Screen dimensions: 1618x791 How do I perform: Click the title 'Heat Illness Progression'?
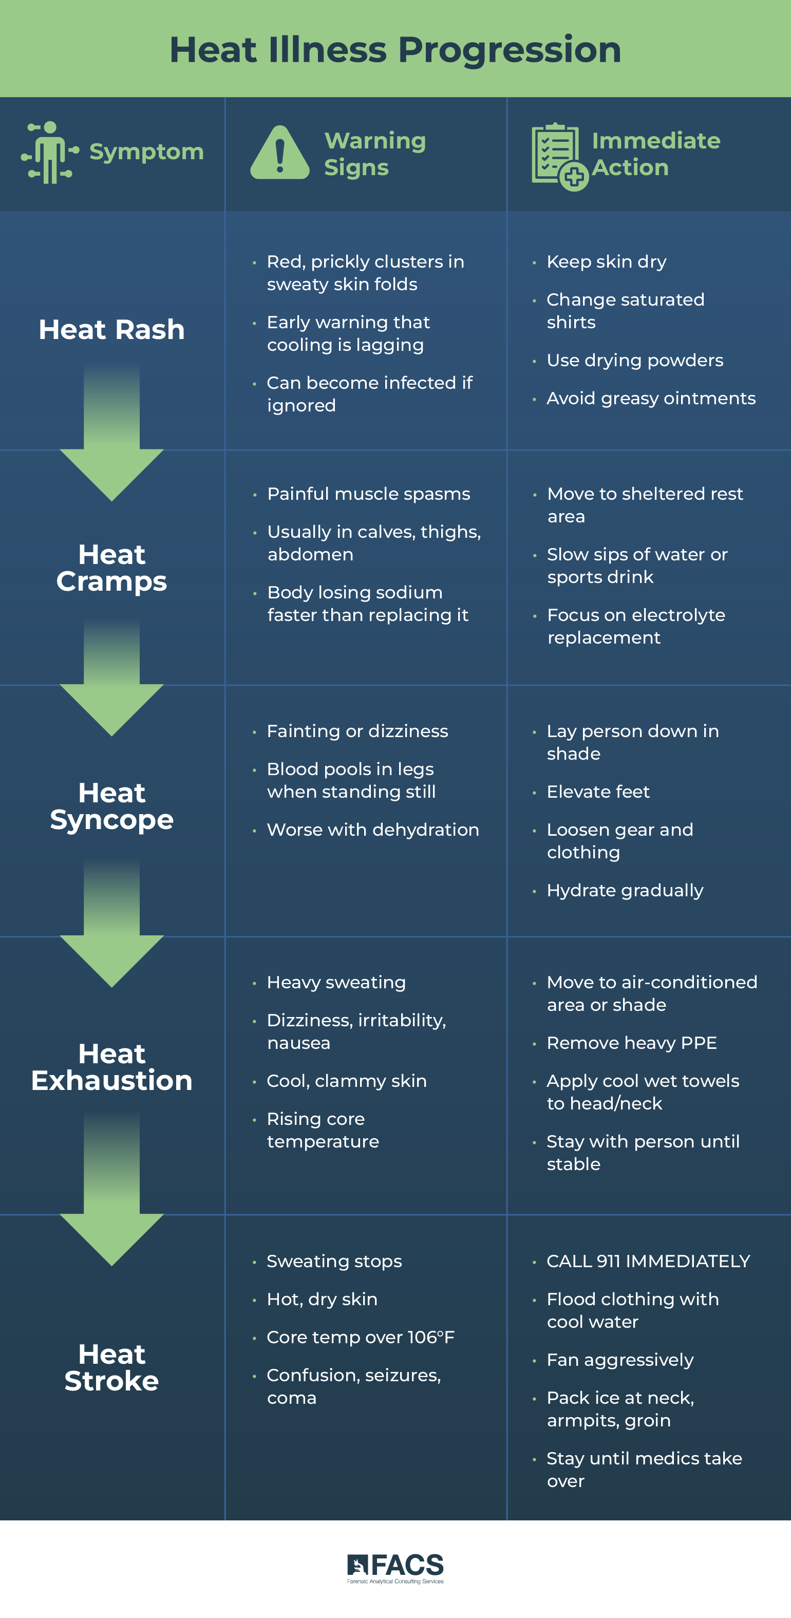point(395,50)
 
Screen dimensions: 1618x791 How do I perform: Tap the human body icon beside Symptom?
point(50,152)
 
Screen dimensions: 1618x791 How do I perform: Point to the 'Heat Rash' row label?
point(112,330)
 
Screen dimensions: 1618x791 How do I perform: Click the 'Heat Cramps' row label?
point(112,568)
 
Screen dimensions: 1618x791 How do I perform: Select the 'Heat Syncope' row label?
point(112,806)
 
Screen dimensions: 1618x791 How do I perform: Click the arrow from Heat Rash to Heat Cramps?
point(112,434)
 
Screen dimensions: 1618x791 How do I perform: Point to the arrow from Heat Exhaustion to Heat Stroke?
point(112,1193)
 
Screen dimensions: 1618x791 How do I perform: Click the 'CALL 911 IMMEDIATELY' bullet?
point(648,1260)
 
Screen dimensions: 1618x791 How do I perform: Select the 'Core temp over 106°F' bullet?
point(360,1337)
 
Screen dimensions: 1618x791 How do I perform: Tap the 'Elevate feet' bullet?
point(597,792)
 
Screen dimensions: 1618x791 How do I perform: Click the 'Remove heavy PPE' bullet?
point(631,1043)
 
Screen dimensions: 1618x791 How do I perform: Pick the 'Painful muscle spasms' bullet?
point(368,494)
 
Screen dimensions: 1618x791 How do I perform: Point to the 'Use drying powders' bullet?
point(634,360)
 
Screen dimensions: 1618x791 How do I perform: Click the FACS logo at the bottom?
point(395,1568)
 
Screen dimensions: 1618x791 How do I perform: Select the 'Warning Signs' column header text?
point(374,154)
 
